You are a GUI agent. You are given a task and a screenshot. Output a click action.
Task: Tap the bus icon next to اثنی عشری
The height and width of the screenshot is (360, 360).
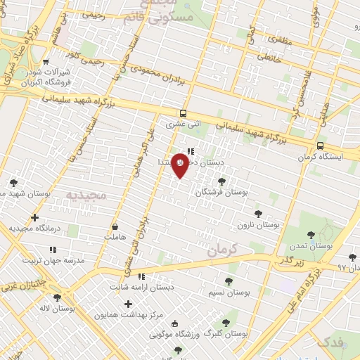tap(183, 112)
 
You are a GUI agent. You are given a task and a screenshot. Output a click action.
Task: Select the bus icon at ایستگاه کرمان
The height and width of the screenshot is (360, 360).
tap(321, 146)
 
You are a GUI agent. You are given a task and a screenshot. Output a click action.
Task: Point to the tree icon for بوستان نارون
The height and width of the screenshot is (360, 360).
tap(258, 213)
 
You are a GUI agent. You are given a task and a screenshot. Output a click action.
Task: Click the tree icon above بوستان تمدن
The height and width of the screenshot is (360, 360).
tap(311, 234)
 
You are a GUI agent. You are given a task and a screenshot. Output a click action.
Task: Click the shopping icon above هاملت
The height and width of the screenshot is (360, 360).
tap(115, 227)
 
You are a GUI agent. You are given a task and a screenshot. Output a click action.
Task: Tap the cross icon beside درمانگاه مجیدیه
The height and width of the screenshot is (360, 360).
tap(34, 217)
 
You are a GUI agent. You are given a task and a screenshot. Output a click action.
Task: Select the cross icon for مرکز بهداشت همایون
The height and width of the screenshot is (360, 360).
tap(128, 304)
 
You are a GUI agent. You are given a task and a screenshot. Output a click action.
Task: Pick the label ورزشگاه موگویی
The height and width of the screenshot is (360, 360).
tap(174, 333)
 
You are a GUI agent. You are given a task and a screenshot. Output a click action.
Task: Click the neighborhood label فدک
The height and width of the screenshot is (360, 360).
tap(330, 342)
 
